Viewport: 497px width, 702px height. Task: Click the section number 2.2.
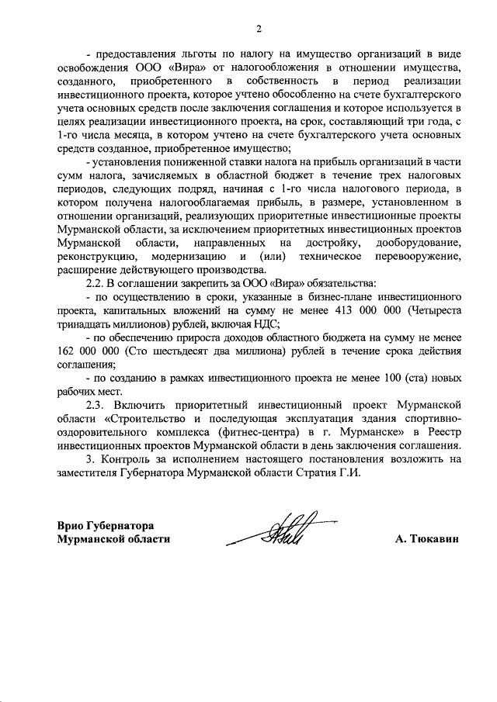(x=97, y=283)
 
